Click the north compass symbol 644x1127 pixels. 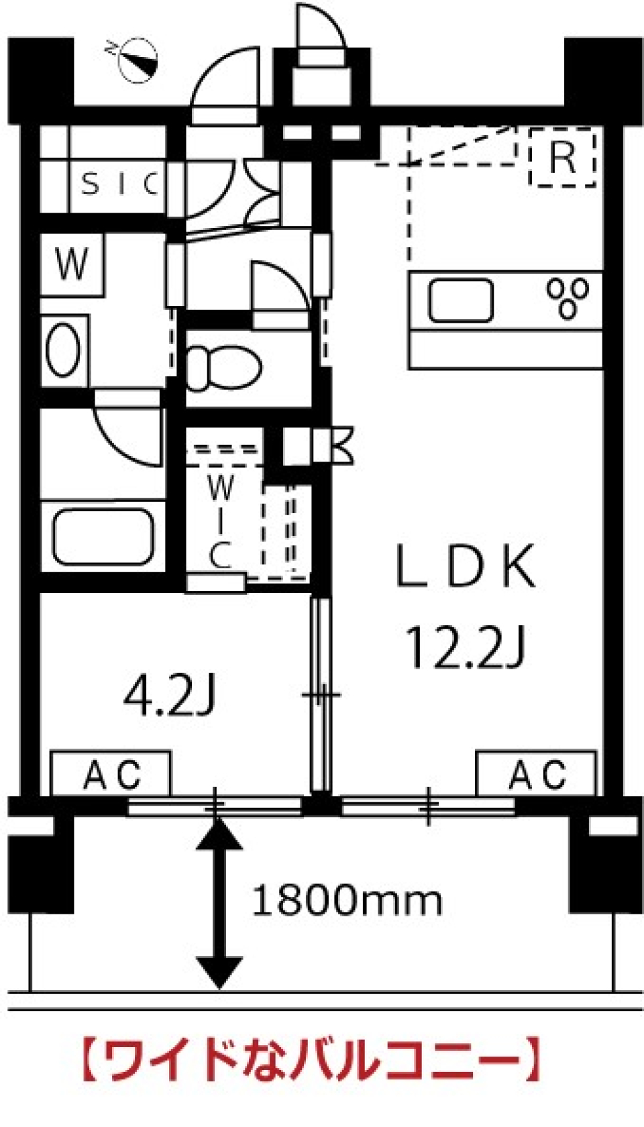point(135,60)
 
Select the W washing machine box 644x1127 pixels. point(72,264)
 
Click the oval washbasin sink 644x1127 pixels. point(63,350)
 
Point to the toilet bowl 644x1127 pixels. point(224,368)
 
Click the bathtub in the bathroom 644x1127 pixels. point(103,536)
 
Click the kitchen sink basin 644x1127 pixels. point(460,301)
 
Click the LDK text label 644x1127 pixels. point(466,566)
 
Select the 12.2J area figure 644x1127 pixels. point(466,647)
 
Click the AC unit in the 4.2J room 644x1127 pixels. point(111,774)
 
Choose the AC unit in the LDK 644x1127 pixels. point(537,774)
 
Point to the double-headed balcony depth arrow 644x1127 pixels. point(219,902)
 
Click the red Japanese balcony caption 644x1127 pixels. point(311,1057)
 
